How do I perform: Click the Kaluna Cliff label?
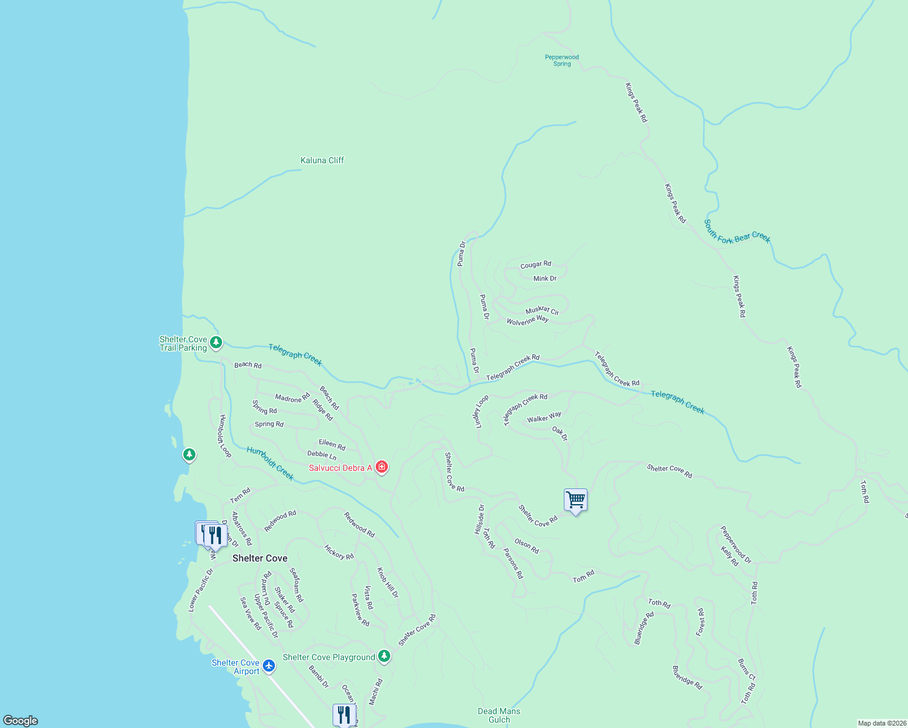coord(322,160)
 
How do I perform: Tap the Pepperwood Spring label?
coord(561,60)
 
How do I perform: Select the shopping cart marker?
coord(575,500)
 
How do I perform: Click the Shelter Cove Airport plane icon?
coord(268,666)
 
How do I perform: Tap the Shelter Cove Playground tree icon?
coord(384,656)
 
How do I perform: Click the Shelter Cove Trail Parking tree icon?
coord(215,343)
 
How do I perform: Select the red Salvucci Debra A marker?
coord(382,467)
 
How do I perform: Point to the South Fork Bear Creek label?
coord(737,232)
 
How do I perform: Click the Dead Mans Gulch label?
coord(499,715)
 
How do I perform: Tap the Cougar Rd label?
coord(535,265)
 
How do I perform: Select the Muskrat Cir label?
coord(542,310)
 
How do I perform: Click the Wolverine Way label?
coord(527,320)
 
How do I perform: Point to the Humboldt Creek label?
coord(270,463)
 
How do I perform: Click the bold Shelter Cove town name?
coord(260,558)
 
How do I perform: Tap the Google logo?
coord(21,720)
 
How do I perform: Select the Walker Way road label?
coord(544,417)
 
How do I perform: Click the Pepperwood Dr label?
coord(736,545)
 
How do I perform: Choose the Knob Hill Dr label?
coord(387,582)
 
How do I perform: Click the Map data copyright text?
coord(881,723)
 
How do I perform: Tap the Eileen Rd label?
coord(331,445)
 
